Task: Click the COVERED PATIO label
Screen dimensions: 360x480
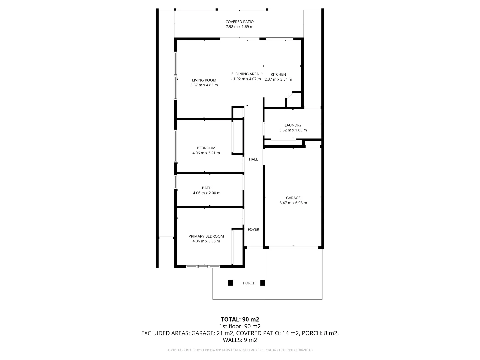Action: (x=239, y=22)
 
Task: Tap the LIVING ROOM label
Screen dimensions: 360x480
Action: (x=204, y=80)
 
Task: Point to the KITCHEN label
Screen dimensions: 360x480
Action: (x=278, y=74)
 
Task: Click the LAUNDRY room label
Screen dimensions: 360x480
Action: (x=293, y=125)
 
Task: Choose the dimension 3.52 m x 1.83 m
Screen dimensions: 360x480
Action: (x=293, y=130)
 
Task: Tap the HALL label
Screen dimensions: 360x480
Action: (x=253, y=159)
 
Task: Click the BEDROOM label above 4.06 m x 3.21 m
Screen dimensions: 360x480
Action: (x=206, y=148)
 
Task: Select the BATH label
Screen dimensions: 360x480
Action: (x=207, y=188)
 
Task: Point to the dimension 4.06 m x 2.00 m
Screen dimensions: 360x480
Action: (x=207, y=193)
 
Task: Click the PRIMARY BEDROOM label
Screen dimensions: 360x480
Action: (x=206, y=236)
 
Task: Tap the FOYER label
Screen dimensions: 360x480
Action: (x=253, y=229)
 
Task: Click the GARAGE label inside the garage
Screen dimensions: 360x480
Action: (x=293, y=198)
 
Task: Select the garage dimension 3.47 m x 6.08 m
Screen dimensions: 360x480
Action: (x=293, y=203)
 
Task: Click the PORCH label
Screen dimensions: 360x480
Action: (x=249, y=283)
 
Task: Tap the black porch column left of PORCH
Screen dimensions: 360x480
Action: (x=230, y=283)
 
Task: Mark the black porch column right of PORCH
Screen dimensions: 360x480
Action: (x=263, y=283)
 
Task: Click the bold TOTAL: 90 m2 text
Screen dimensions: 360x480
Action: (x=240, y=319)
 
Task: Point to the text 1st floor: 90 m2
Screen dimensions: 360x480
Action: (x=240, y=326)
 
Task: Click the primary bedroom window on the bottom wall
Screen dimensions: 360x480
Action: (x=203, y=266)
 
